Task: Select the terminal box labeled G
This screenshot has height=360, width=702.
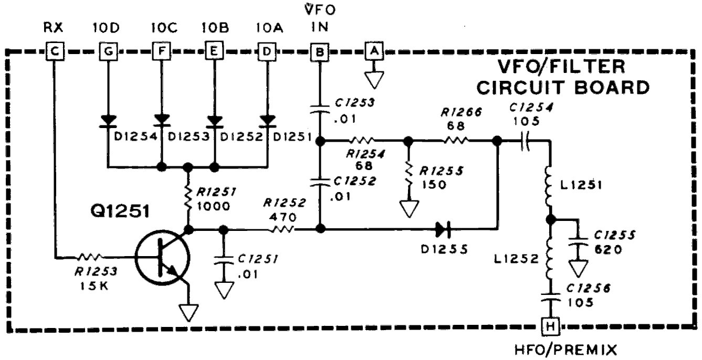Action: coord(107,51)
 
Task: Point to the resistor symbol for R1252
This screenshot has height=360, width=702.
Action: coord(282,229)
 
